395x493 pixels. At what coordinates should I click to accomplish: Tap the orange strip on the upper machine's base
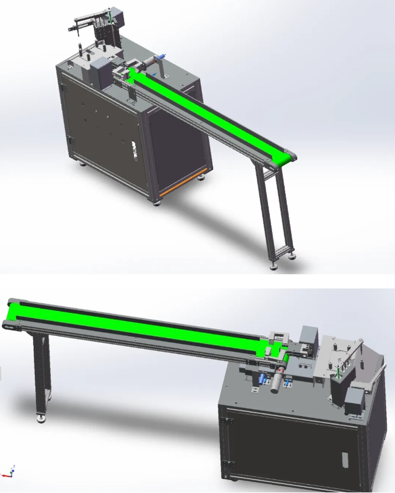pyautogui.click(x=179, y=187)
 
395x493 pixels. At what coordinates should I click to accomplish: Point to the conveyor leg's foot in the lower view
pyautogui.click(x=41, y=419)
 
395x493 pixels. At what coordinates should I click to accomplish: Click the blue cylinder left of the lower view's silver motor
pyautogui.click(x=261, y=379)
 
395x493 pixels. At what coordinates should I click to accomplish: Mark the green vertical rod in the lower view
pyautogui.click(x=338, y=372)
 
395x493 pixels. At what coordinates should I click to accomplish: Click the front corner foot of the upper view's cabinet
pyautogui.click(x=156, y=202)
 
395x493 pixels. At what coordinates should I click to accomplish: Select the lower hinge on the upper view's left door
pyautogui.click(x=70, y=139)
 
